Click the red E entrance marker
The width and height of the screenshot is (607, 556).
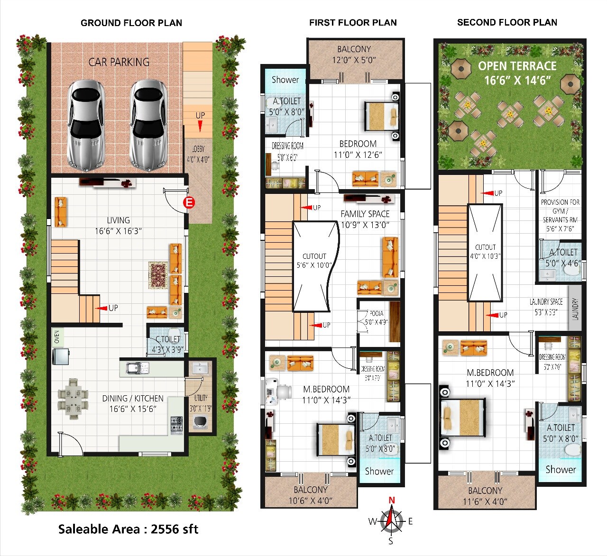coord(189,203)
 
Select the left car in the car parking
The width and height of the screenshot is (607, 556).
coord(86,125)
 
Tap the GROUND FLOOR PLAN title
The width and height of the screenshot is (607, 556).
coord(131,23)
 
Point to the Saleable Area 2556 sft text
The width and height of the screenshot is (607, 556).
coord(128,529)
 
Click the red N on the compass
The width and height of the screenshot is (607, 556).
coord(392,500)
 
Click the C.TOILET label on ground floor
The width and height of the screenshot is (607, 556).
coord(168,339)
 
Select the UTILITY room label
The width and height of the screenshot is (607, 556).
coord(201,398)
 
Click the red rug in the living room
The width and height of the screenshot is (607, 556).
coord(157,275)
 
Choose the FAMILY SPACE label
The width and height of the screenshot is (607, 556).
coord(365,214)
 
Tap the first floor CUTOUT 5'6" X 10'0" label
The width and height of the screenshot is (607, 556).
coord(314,261)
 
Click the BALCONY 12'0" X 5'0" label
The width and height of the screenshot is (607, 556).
coord(354,54)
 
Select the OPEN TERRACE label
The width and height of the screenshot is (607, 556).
coord(517,66)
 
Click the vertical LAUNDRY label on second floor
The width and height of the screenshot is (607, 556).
coord(575,309)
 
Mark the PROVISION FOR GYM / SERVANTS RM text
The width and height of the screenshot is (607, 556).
coord(560,210)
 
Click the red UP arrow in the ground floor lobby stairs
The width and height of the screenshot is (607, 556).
coord(200,126)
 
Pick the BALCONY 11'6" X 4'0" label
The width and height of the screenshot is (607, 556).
coord(485,496)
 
